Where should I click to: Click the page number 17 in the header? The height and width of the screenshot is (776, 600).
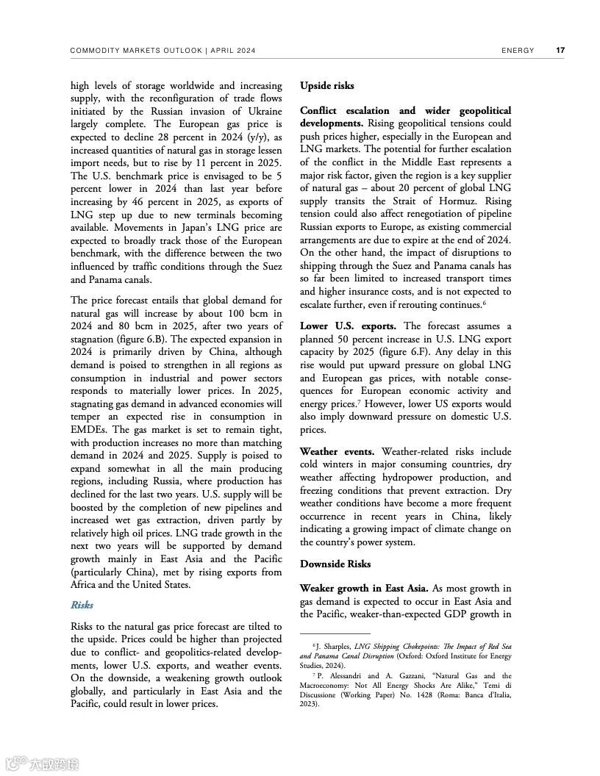560,51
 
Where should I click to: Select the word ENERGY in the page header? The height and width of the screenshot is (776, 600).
518,51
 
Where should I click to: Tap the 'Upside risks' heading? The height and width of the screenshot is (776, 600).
326,86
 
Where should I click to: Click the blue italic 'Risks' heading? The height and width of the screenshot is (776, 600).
82,605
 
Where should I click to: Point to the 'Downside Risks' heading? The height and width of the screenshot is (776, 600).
335,564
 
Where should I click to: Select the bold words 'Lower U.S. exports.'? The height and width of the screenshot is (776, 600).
348,326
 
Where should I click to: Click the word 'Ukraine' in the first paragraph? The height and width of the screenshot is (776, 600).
262,111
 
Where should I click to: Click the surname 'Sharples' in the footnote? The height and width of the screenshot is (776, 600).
335,645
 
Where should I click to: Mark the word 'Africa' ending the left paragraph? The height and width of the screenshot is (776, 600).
85,585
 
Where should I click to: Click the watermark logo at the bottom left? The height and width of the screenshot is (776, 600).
41,764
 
